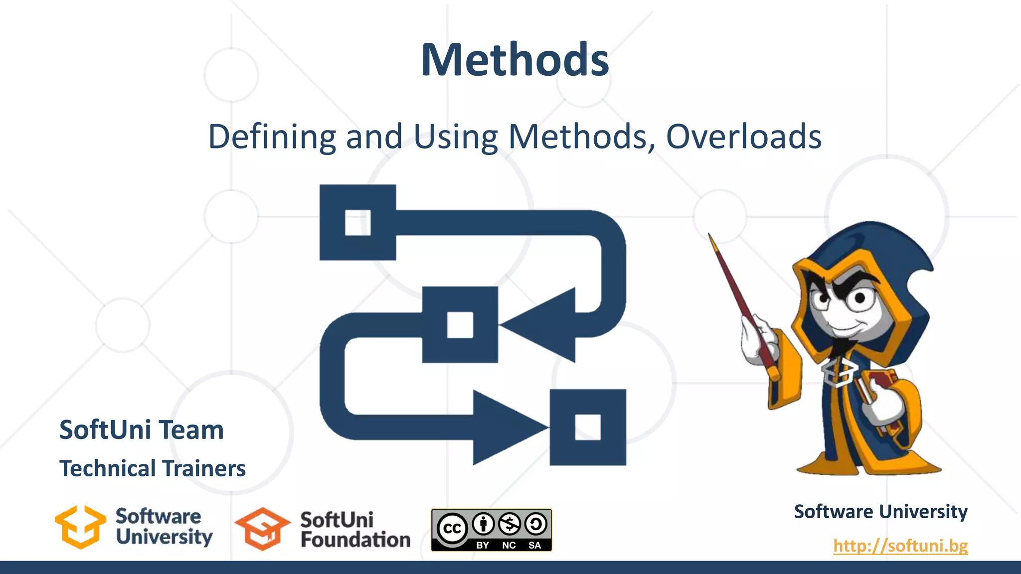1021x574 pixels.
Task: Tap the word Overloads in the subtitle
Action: point(744,137)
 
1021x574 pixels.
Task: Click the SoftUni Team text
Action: point(142,430)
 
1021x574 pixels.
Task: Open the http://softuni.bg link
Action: point(900,546)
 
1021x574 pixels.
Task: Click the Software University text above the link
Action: point(880,512)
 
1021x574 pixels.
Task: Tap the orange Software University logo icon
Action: point(80,527)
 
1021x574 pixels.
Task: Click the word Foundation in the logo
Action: point(355,540)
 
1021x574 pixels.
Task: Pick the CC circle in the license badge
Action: point(452,528)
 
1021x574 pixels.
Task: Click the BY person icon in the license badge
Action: point(483,524)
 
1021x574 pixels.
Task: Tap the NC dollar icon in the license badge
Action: point(510,524)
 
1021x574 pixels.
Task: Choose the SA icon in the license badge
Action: point(535,524)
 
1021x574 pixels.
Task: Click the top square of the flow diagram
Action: point(357,222)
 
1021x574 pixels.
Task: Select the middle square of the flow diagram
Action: point(460,325)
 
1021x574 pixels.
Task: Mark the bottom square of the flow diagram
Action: point(588,427)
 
